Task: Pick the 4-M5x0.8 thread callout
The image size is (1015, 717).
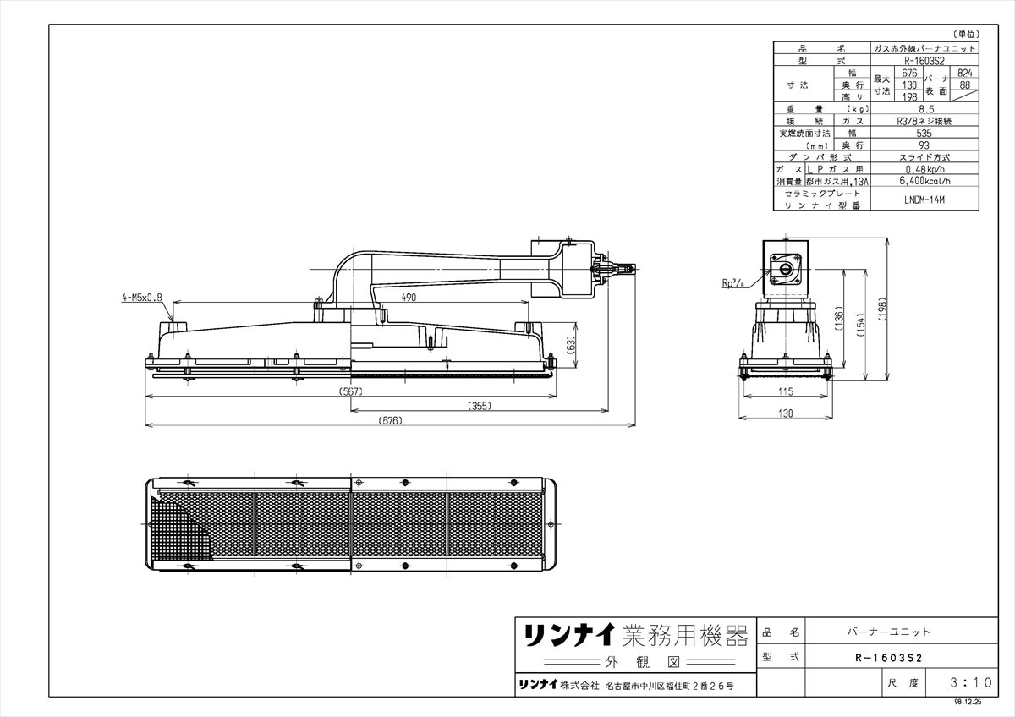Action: click(141, 298)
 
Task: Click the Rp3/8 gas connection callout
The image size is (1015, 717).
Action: click(733, 284)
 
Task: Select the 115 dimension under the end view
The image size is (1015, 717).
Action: click(786, 391)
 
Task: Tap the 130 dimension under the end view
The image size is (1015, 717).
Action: click(786, 413)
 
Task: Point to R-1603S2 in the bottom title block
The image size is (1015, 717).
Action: click(888, 656)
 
